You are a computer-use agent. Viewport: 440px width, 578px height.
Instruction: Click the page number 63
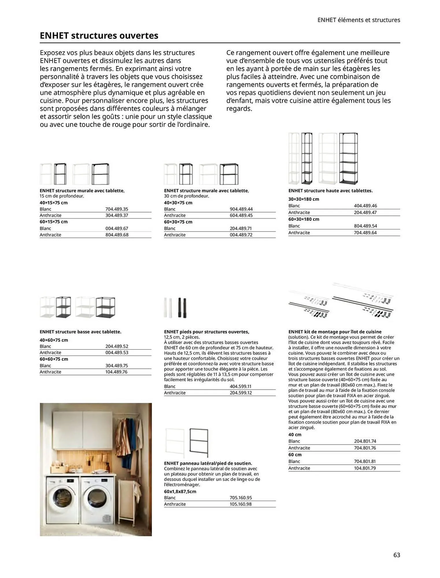[x=396, y=555]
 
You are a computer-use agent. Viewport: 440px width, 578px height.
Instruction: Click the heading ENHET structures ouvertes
[x=99, y=36]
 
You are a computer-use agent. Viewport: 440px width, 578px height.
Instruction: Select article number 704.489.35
[x=117, y=209]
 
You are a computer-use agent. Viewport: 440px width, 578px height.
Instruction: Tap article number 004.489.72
[x=241, y=235]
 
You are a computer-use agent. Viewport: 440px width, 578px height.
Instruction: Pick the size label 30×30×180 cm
[x=304, y=199]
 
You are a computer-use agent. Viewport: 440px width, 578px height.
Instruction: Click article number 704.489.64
[x=365, y=233]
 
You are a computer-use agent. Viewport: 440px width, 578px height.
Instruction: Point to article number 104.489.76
[x=116, y=372]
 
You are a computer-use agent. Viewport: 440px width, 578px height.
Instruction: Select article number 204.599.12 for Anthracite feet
[x=241, y=393]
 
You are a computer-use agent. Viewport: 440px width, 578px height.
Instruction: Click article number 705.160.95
[x=241, y=498]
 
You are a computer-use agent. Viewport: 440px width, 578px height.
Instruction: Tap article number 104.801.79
[x=365, y=468]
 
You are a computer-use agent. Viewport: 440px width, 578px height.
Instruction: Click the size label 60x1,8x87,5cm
[x=180, y=491]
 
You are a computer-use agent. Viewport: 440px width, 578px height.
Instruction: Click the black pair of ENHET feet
[x=182, y=308]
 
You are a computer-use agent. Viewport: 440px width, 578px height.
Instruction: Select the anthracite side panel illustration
[x=199, y=442]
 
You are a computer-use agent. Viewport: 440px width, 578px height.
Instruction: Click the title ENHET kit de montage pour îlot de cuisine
[x=335, y=332]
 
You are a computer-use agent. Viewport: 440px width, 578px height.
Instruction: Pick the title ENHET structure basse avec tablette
[x=80, y=332]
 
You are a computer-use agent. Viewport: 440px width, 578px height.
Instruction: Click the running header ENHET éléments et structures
[x=358, y=20]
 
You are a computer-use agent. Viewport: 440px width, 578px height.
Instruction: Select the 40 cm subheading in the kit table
[x=295, y=434]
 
